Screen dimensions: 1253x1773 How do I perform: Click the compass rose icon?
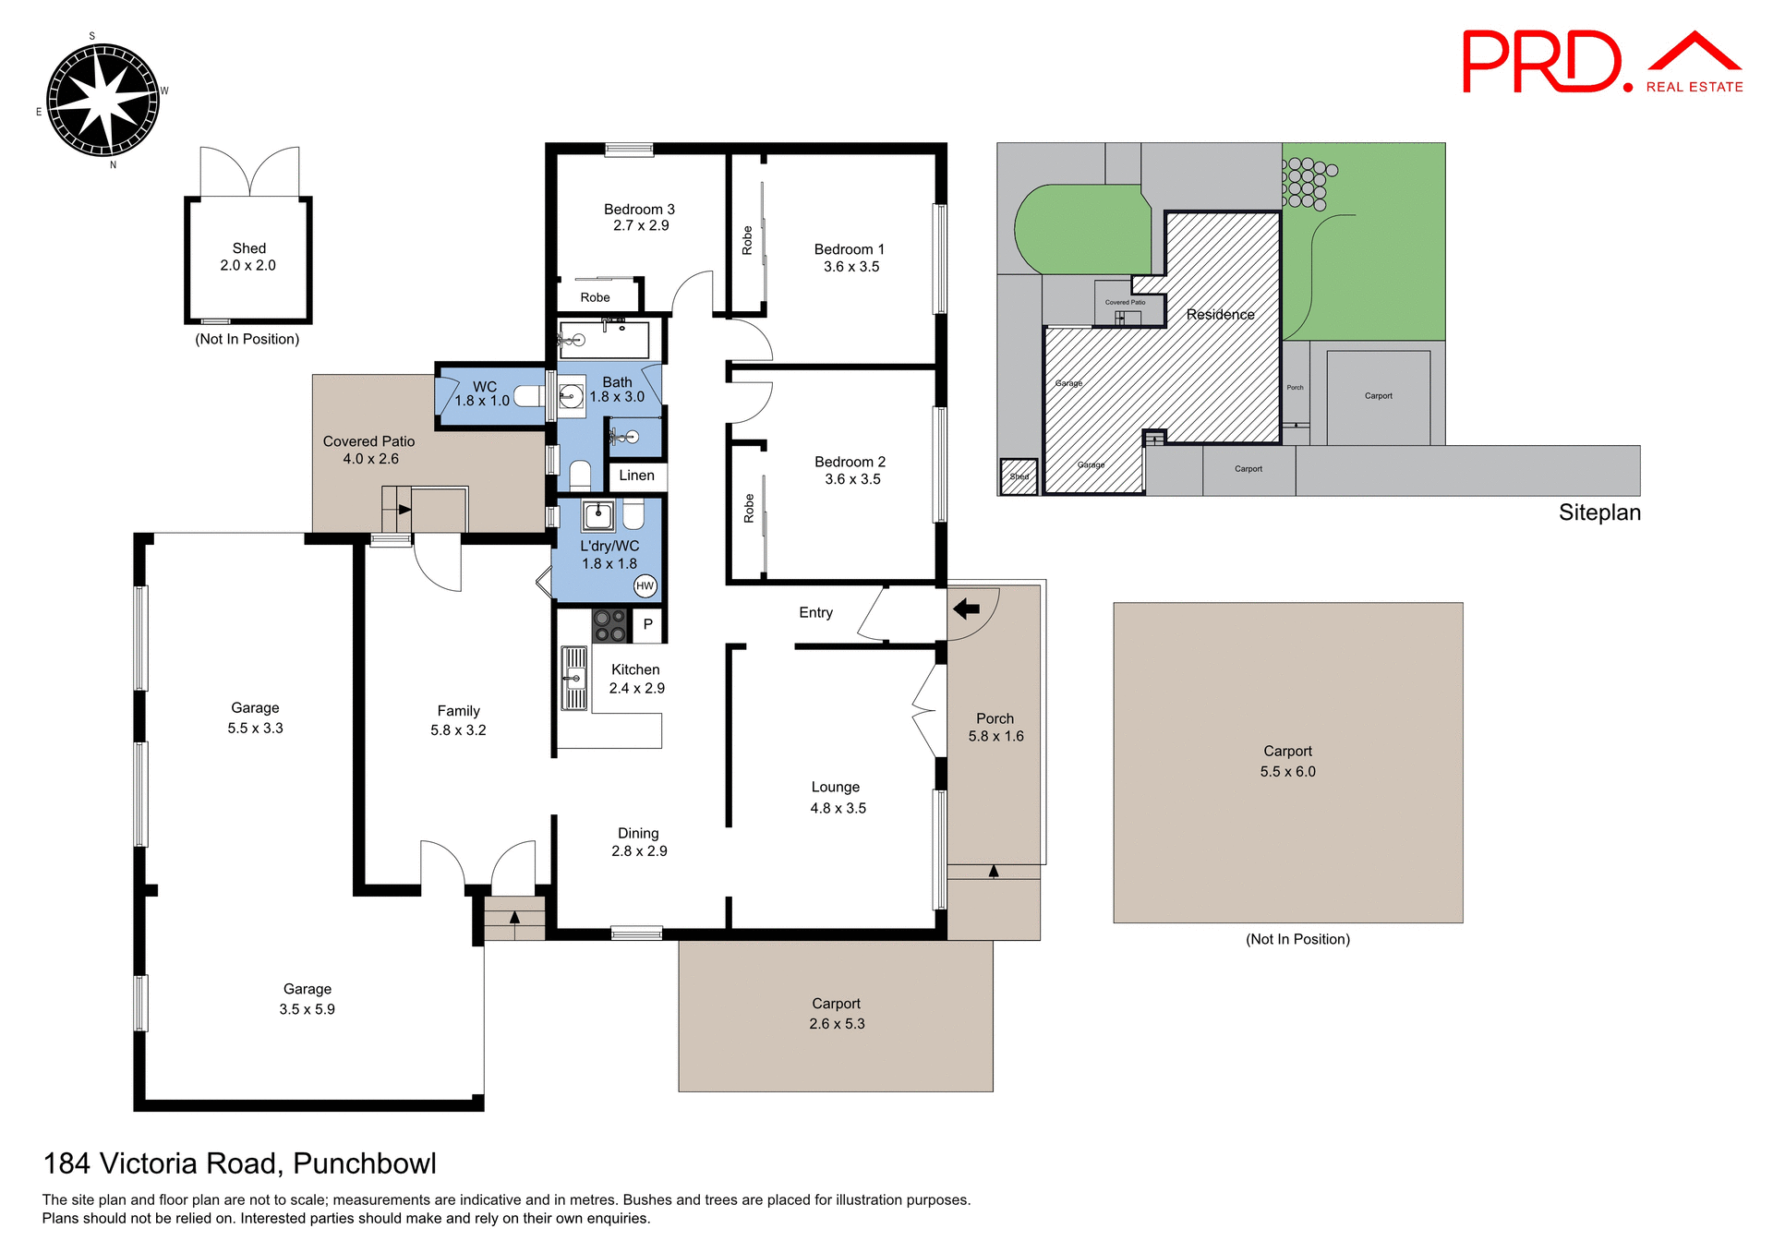[x=103, y=100]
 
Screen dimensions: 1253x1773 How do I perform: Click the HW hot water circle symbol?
[x=645, y=585]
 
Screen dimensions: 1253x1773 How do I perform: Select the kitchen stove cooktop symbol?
[x=609, y=625]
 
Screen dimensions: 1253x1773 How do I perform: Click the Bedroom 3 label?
[x=639, y=217]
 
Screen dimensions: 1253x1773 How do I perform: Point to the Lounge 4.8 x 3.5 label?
[x=837, y=797]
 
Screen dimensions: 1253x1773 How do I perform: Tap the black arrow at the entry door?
[x=966, y=608]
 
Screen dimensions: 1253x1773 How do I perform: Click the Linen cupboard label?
[x=636, y=476]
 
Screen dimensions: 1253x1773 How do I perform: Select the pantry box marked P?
[x=648, y=624]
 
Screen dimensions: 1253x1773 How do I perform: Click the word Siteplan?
[x=1599, y=512]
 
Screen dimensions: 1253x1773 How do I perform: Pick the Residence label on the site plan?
[x=1220, y=315]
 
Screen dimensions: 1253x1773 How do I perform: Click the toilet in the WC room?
[x=528, y=396]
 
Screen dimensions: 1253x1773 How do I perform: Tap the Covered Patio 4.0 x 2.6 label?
[x=369, y=450]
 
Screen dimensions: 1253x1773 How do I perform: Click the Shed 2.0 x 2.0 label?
[x=248, y=257]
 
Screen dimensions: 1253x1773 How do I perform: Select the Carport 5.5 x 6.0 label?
[x=1287, y=761]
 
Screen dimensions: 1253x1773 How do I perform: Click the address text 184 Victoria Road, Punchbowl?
[x=240, y=1163]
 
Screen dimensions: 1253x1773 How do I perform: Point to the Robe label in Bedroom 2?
[x=749, y=508]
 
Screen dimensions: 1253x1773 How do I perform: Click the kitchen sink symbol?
[x=574, y=678]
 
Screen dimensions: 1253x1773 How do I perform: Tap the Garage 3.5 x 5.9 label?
[x=308, y=999]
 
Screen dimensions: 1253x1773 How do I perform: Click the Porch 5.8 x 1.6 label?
[x=995, y=727]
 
